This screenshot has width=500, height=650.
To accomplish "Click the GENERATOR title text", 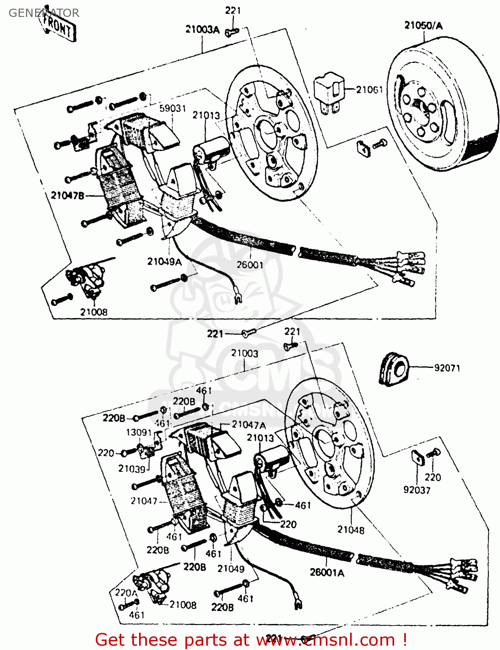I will pos(44,13).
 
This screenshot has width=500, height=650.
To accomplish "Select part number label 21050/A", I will pos(423,26).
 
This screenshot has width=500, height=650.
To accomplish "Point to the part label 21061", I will pos(369,90).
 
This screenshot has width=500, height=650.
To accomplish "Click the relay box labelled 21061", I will pos(329,91).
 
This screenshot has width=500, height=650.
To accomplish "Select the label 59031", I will pos(172,108).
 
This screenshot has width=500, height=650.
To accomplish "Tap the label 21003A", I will pos(202,29).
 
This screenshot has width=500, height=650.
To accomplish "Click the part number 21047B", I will pos(68,195).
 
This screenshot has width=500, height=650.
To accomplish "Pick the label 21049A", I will pos(164,261).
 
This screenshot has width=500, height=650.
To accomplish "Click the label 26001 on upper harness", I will pos(250,264).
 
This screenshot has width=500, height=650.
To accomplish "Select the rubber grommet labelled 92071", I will pos(393,370).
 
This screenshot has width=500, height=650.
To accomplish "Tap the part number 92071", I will pos(447,368).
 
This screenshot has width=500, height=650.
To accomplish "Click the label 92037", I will pos(417,490).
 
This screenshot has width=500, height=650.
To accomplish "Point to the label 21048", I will pos(351,530).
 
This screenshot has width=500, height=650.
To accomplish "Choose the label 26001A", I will pos(327,572).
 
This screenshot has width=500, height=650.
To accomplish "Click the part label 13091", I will pos(139,432).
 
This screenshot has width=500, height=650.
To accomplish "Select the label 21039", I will pos(132,468).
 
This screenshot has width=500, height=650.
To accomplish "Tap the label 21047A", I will pos(249,425).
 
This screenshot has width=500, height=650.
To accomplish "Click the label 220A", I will pos(126,593).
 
